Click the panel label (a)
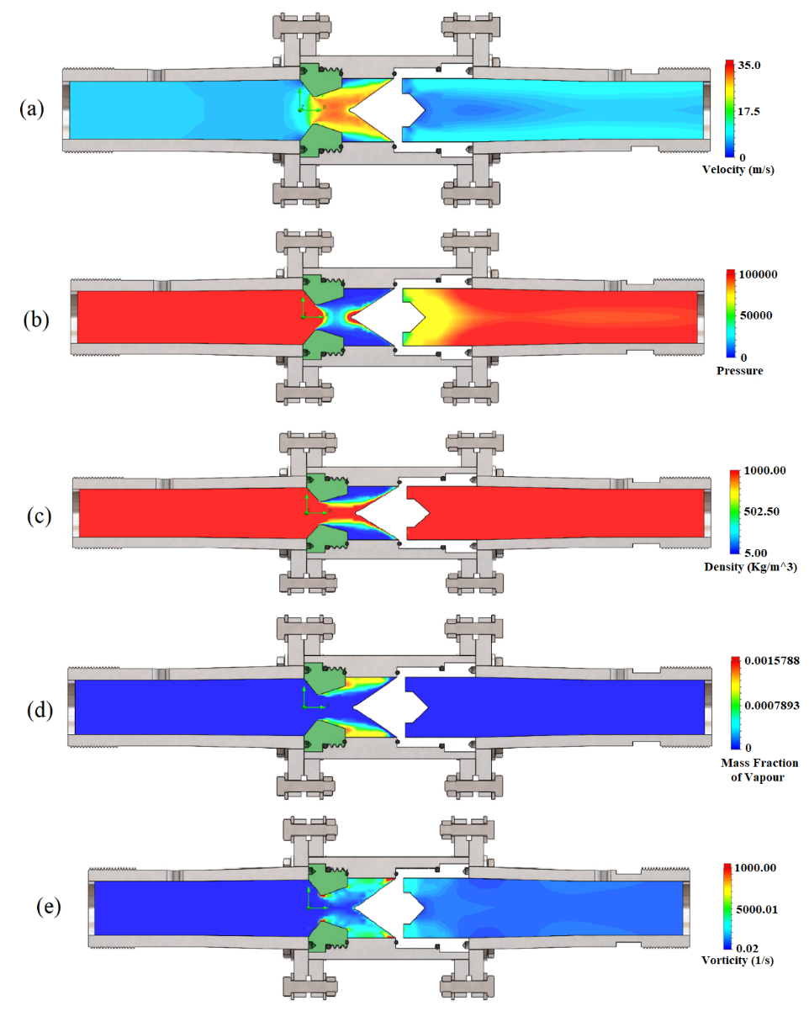pyautogui.click(x=36, y=109)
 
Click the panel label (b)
pyautogui.click(x=36, y=320)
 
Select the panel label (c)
pyautogui.click(x=36, y=515)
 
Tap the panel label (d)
pyautogui.click(x=36, y=711)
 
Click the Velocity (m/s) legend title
pyautogui.click(x=738, y=169)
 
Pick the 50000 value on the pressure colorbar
pyautogui.click(x=755, y=315)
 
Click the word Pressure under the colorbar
pyautogui.click(x=740, y=370)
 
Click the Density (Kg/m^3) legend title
pyautogui.click(x=750, y=567)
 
